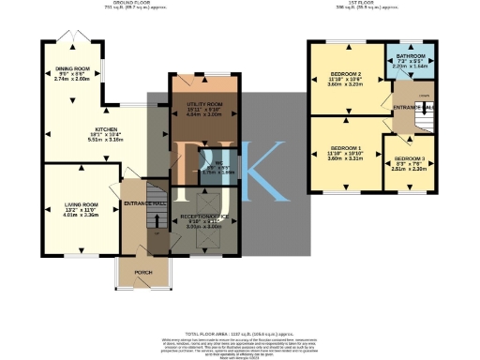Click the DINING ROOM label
click(72, 68)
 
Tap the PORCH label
click(143, 273)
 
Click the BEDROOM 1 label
click(345, 148)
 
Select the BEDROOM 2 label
click(346, 75)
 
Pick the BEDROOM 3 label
click(409, 159)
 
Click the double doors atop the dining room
click(70, 37)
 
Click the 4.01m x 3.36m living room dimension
click(82, 215)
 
